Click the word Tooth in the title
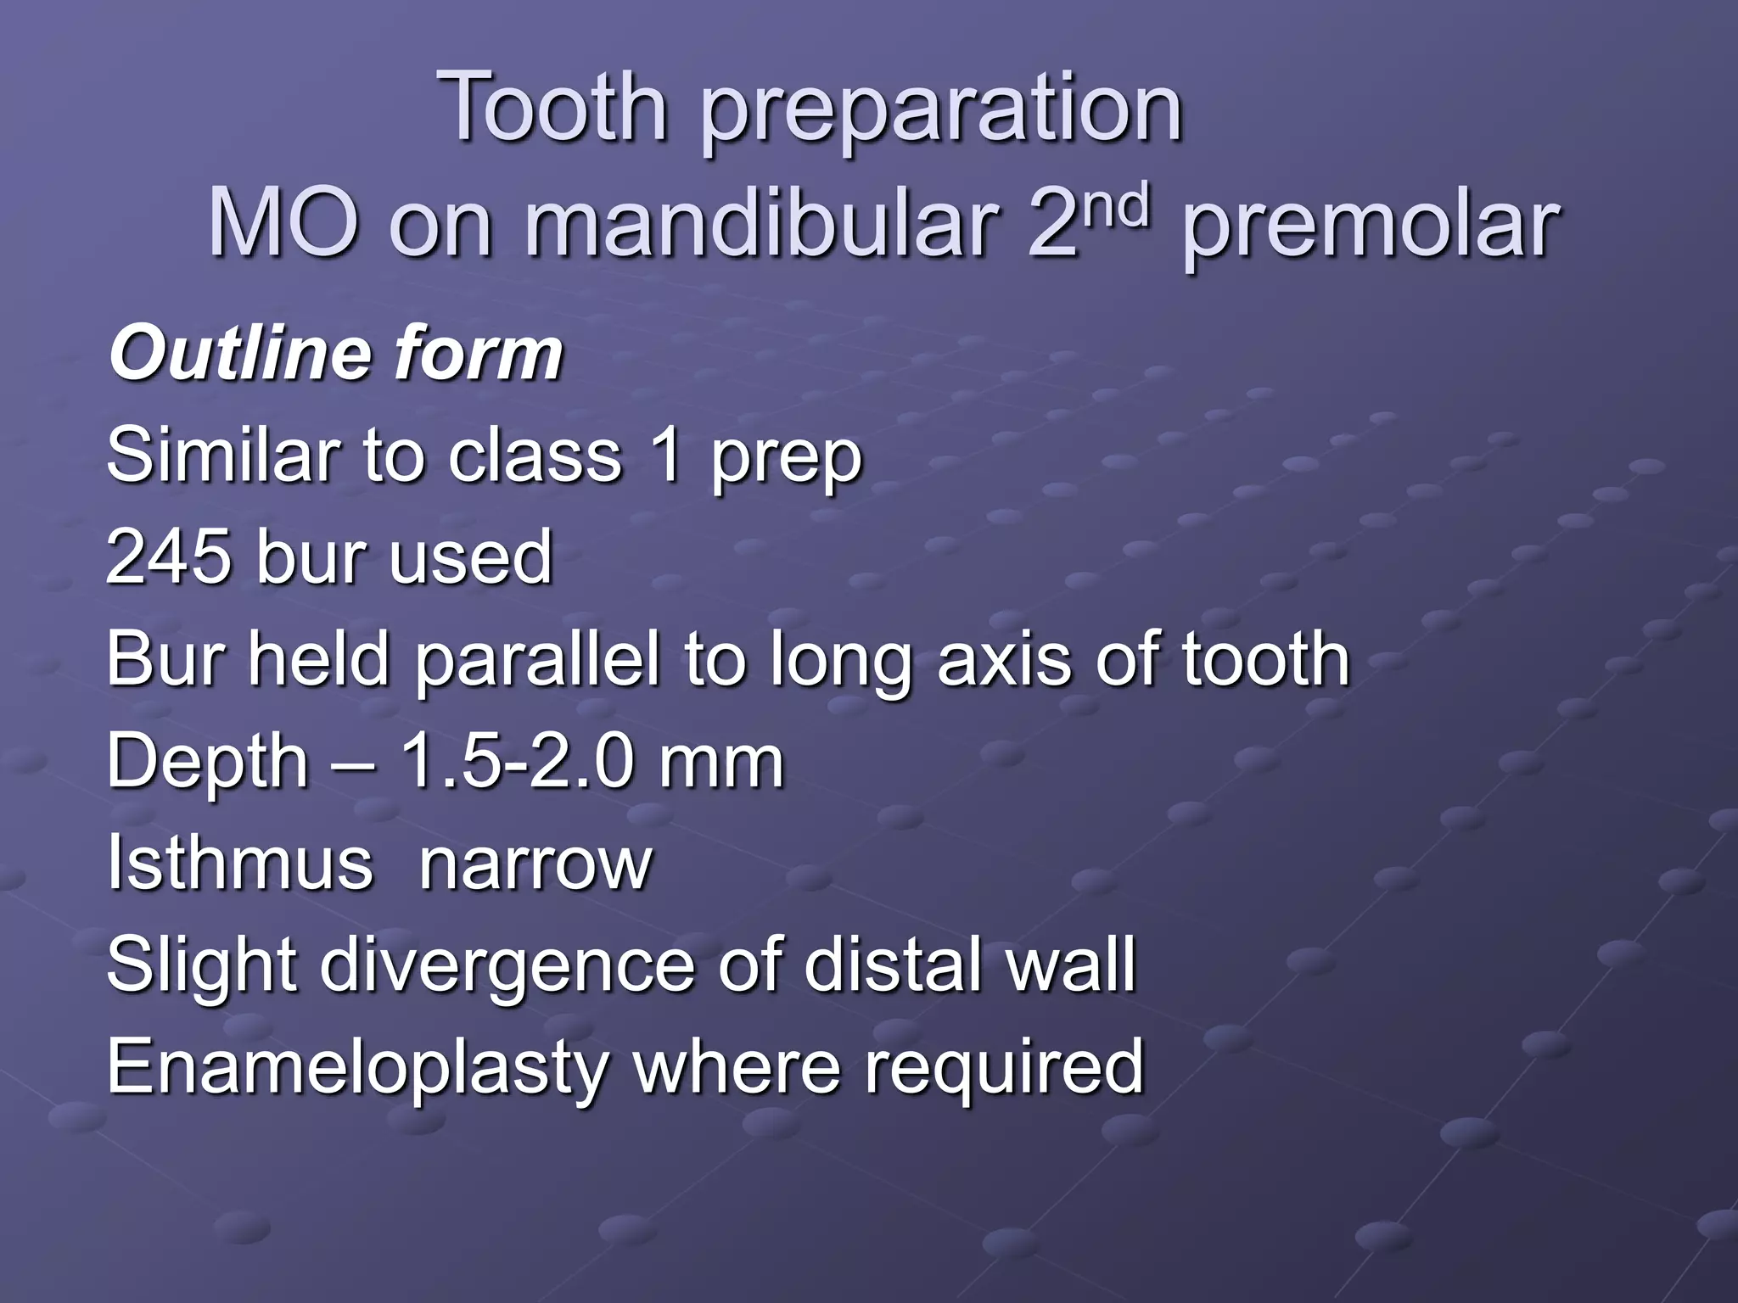point(556,108)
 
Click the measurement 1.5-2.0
point(519,761)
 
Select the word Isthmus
point(239,864)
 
